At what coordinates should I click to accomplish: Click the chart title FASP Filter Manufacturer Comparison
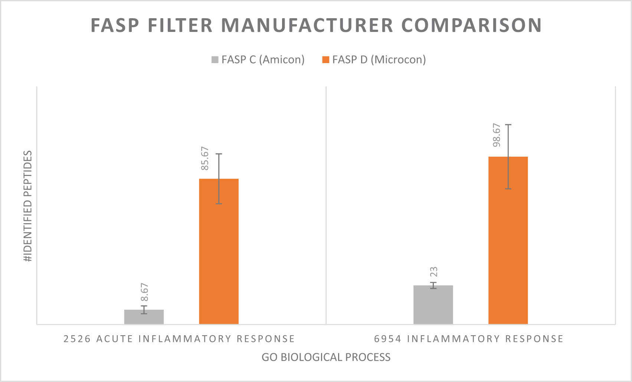pos(316,25)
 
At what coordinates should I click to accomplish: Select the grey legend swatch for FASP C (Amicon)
pos(215,60)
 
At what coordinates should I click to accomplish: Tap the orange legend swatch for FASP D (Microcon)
pos(325,60)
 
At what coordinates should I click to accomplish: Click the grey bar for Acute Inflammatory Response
pos(144,318)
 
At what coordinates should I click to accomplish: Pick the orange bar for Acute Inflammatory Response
pos(219,260)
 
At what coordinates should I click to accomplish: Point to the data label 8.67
pos(144,292)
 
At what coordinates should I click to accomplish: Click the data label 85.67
pos(205,159)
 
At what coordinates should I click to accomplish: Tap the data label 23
pos(433,272)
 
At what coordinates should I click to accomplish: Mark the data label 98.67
pos(497,135)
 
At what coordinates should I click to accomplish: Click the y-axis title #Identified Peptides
pos(28,206)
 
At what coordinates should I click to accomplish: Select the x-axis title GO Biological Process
pos(326,357)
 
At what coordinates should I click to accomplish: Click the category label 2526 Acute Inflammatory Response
pos(179,339)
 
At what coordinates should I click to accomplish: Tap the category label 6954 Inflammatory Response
pos(469,339)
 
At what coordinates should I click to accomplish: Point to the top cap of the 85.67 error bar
pos(219,154)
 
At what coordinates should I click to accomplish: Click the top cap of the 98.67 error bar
pos(508,125)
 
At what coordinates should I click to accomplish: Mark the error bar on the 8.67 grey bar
pos(144,310)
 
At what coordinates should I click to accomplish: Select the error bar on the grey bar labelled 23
pos(433,285)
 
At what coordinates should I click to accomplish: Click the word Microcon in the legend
pos(398,60)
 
